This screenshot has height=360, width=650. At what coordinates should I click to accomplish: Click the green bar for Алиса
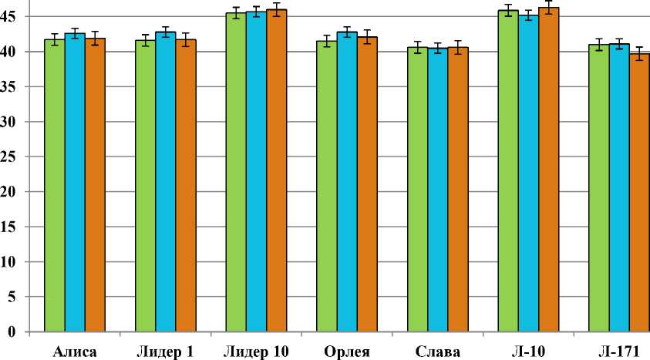(55, 185)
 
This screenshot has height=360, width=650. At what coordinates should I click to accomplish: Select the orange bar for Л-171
(638, 193)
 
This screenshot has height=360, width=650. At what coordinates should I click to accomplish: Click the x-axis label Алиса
(75, 352)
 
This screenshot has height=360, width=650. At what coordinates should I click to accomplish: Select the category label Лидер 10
(256, 352)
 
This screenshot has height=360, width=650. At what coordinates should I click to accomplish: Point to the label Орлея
(346, 352)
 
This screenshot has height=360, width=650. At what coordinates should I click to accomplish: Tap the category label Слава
(437, 352)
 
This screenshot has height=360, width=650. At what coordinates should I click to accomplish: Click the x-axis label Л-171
(618, 352)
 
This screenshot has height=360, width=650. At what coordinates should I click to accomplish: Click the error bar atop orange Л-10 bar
(548, 8)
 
